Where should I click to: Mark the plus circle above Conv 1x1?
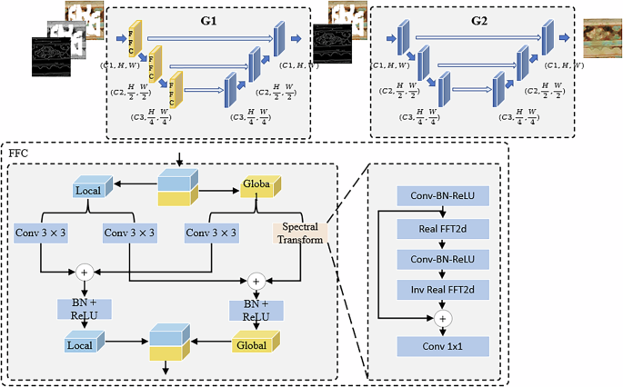[x=445, y=318]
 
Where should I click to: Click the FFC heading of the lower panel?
[x=19, y=154]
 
